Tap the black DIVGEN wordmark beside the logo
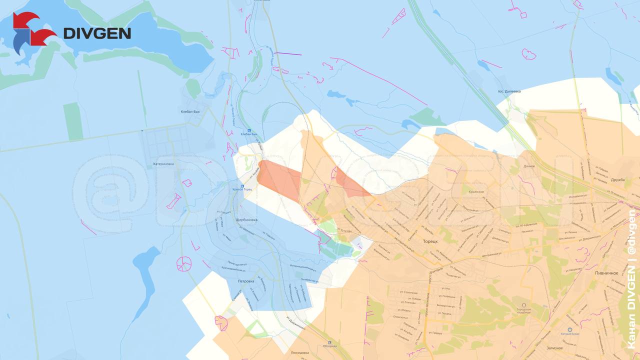97,33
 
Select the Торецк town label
430,241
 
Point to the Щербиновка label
246,220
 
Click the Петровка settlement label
245,281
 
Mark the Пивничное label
606,273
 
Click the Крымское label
476,191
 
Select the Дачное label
529,166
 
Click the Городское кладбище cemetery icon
524,305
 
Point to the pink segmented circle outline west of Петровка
184,263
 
